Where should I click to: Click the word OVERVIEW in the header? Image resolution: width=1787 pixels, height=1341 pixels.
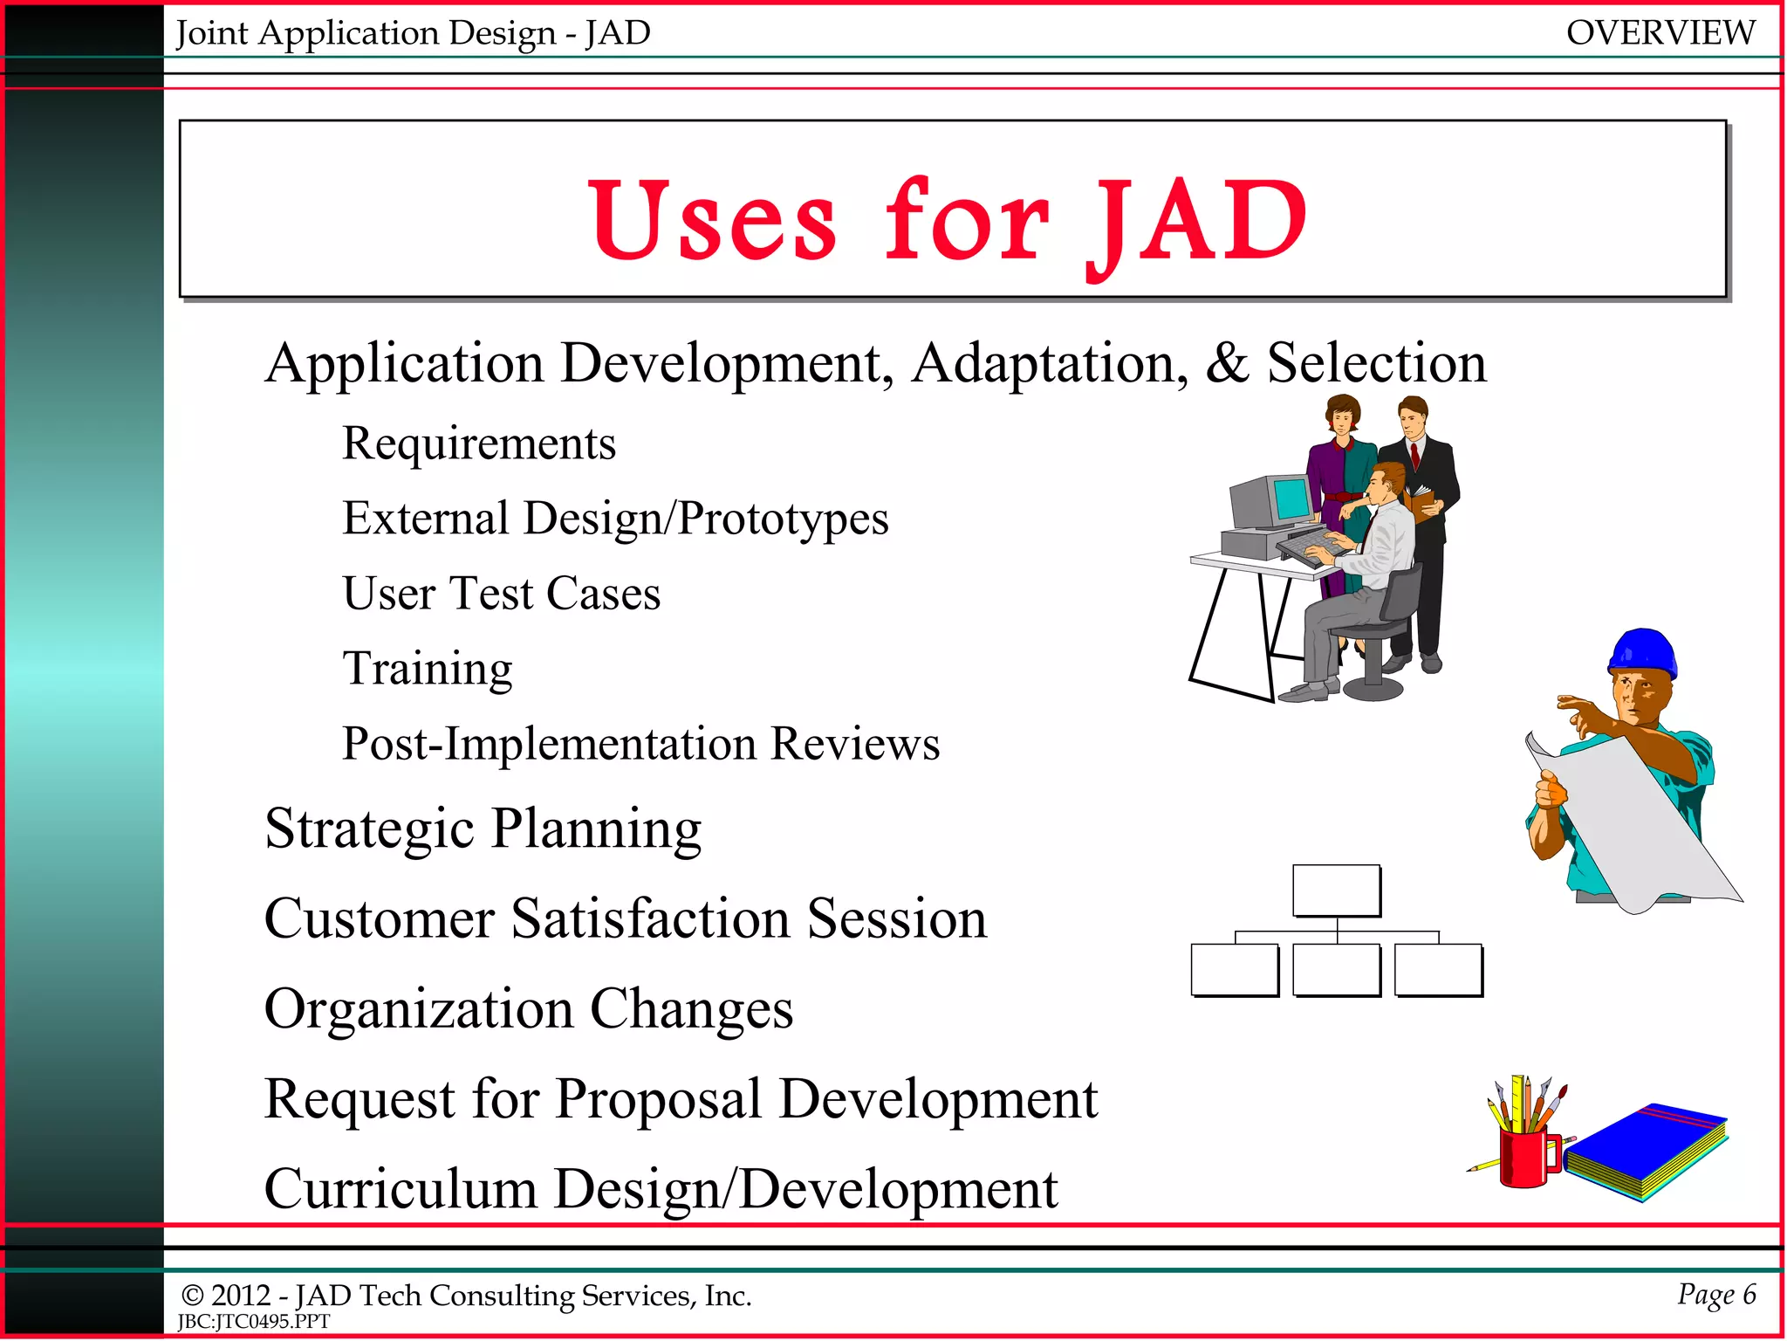[1660, 33]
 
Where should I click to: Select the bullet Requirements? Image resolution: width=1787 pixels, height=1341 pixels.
[479, 444]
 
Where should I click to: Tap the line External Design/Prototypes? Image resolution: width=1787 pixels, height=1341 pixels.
[615, 519]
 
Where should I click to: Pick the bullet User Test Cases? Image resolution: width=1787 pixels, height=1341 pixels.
[502, 594]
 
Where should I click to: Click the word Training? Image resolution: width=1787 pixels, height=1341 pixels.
[428, 669]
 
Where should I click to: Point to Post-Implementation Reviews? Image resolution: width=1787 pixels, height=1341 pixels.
[640, 744]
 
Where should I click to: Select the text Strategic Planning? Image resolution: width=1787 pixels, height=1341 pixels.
[483, 828]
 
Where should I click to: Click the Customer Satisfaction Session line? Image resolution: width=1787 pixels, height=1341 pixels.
[626, 918]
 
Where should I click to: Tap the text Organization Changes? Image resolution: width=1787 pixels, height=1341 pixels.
[529, 1008]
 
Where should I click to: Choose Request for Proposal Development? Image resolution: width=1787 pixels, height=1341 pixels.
[681, 1098]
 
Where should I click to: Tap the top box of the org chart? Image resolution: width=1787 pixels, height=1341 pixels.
[1336, 890]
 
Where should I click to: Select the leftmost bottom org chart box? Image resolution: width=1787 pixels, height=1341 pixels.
[1234, 969]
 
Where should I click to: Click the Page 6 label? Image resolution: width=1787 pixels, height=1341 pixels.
[1716, 1294]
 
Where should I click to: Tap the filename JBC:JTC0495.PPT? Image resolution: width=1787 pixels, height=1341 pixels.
[254, 1322]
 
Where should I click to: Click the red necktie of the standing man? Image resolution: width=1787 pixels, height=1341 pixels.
[1415, 455]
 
